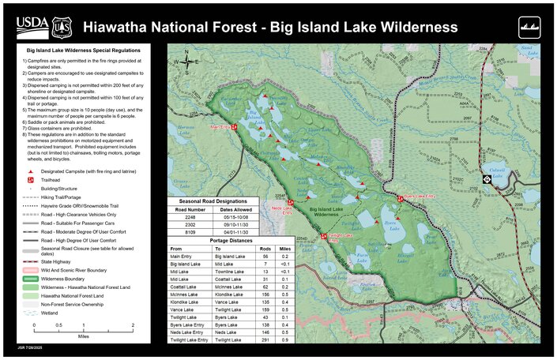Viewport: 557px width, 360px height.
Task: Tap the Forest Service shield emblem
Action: point(61,28)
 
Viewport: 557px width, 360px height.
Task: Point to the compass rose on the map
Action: point(187,59)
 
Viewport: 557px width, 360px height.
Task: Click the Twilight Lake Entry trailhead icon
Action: point(323,235)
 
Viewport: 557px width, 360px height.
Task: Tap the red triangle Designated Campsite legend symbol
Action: point(31,171)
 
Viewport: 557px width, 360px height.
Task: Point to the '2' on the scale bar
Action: point(133,325)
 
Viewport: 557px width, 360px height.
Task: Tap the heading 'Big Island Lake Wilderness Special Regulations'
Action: point(82,50)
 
